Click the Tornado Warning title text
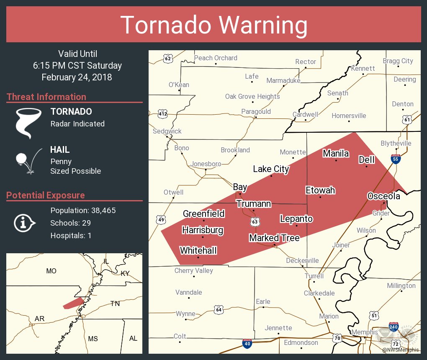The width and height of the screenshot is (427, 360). click(213, 25)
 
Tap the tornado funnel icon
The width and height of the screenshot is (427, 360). click(28, 123)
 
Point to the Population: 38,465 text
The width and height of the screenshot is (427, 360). click(83, 210)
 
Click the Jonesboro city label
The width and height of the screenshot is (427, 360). click(206, 164)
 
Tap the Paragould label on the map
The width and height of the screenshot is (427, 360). click(256, 111)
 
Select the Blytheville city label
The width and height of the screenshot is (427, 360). click(396, 143)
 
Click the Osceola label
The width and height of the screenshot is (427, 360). click(383, 196)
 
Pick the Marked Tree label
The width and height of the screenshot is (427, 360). click(274, 238)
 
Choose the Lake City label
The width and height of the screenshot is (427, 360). click(271, 169)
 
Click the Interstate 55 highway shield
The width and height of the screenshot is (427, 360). click(395, 159)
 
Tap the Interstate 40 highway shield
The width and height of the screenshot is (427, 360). click(247, 344)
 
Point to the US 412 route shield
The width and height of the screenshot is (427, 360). click(162, 113)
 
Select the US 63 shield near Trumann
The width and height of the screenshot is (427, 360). click(255, 221)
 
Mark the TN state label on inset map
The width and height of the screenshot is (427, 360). click(115, 303)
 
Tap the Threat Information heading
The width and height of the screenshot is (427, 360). click(46, 97)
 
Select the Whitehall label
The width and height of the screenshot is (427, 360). click(198, 250)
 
